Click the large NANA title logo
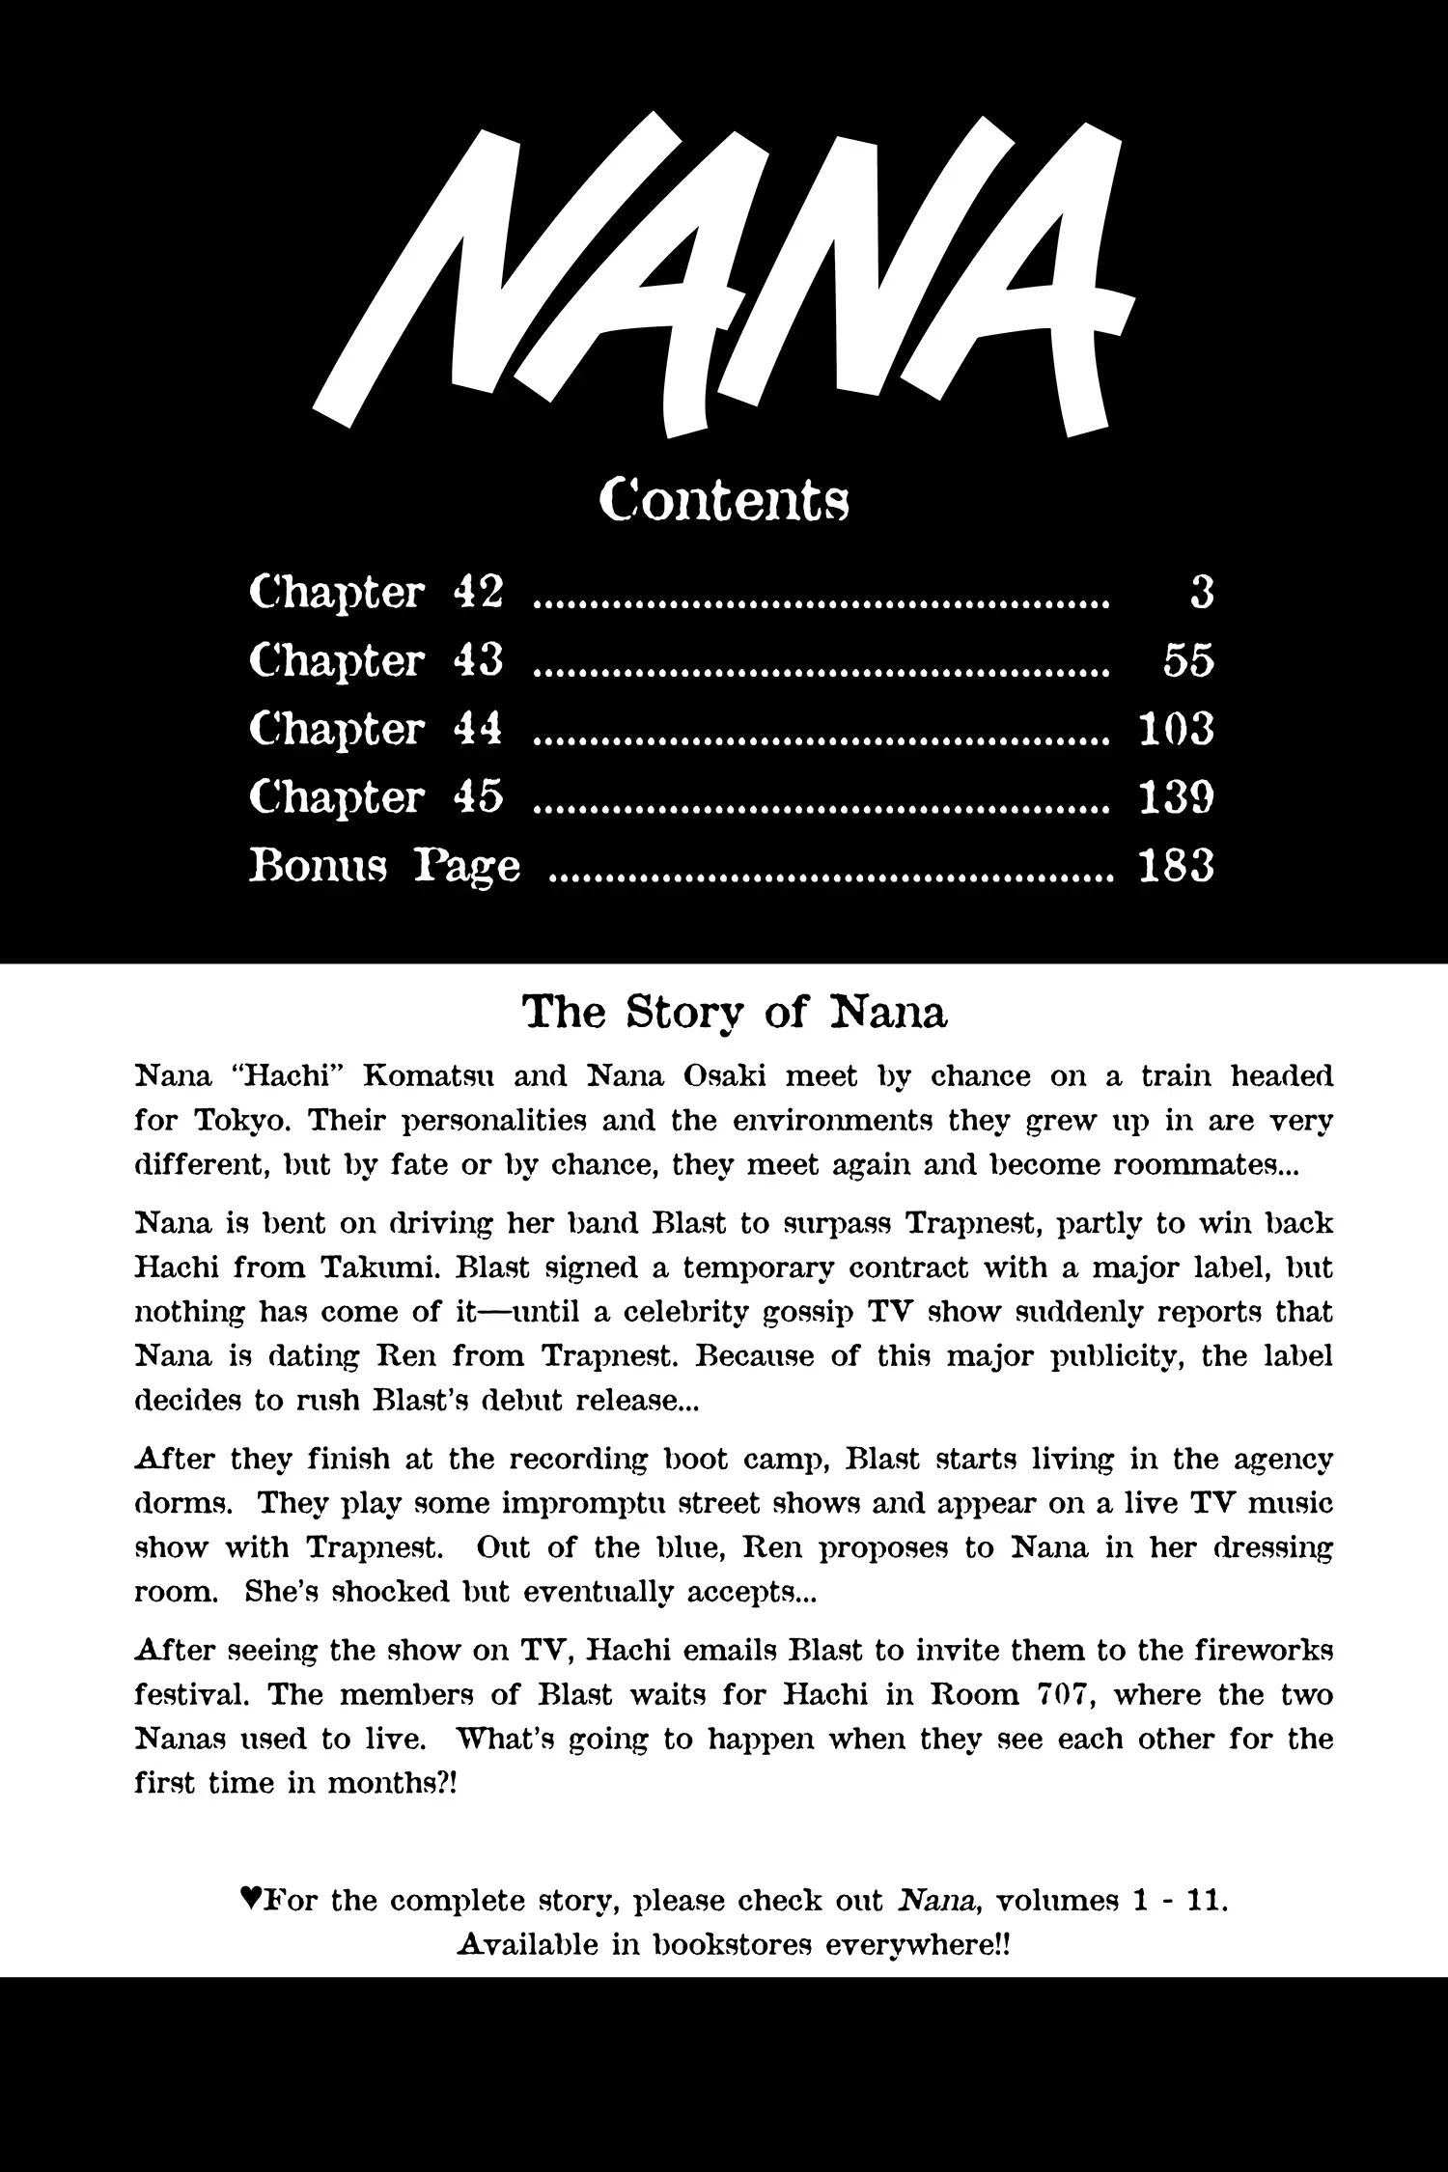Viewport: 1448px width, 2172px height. (724, 275)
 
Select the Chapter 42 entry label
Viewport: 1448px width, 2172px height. (376, 592)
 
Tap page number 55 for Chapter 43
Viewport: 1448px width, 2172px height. (1187, 661)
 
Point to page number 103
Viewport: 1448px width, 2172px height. (1176, 730)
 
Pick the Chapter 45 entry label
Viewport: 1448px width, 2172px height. (376, 798)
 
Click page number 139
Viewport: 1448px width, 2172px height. (1176, 798)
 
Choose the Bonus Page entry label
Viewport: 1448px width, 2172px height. (384, 867)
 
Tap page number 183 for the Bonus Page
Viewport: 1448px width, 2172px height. (1176, 867)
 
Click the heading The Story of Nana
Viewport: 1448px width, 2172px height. (735, 1013)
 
